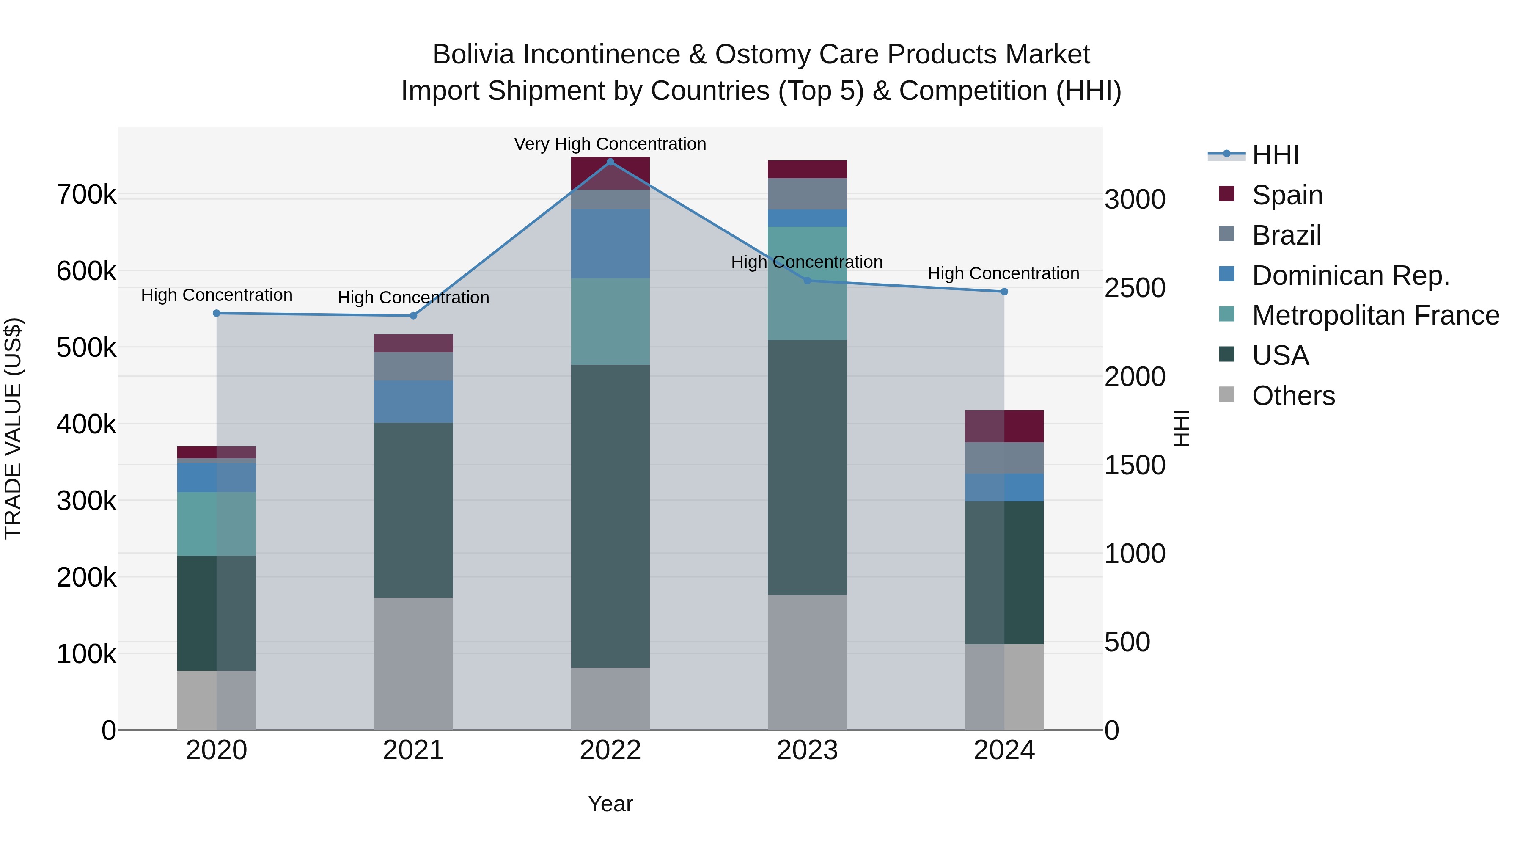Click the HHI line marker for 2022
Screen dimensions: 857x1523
pyautogui.click(x=610, y=162)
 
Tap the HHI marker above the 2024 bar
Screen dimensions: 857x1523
pyautogui.click(x=1004, y=292)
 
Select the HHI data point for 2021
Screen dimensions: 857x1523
pyautogui.click(x=413, y=316)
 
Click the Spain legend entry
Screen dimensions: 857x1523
pyautogui.click(x=1287, y=195)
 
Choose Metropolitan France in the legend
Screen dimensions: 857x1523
pyautogui.click(x=1375, y=315)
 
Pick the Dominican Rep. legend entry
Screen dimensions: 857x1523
pyautogui.click(x=1350, y=276)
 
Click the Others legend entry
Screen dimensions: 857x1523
pyautogui.click(x=1293, y=396)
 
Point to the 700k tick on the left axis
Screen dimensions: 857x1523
pyautogui.click(x=86, y=195)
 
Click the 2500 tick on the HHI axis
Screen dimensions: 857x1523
pyautogui.click(x=1135, y=288)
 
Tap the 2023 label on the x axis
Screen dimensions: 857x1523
pyautogui.click(x=807, y=750)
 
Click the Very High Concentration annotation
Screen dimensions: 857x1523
pyautogui.click(x=610, y=144)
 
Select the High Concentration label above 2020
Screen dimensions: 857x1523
pyautogui.click(x=216, y=295)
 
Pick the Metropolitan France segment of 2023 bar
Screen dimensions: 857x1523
pyautogui.click(x=807, y=284)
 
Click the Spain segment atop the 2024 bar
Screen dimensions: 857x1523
pyautogui.click(x=1004, y=426)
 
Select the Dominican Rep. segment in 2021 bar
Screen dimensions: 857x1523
pyautogui.click(x=413, y=401)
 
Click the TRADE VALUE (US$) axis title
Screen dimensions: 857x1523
pyautogui.click(x=13, y=428)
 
